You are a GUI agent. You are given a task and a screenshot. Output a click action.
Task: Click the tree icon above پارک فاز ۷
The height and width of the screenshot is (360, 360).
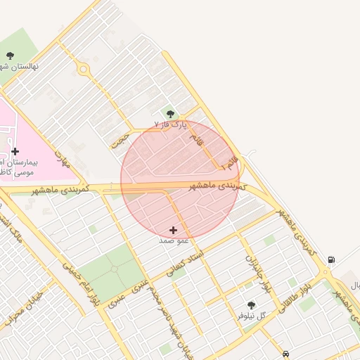(169, 113)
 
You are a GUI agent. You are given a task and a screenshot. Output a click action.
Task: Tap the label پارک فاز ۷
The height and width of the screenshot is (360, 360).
(172, 124)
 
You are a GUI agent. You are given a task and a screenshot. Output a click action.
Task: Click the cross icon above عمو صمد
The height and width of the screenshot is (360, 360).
(174, 230)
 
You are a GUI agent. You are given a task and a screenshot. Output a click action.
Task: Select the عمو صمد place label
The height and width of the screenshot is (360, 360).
(174, 240)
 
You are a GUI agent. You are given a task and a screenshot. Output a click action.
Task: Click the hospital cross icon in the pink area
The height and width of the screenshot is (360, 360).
(15, 151)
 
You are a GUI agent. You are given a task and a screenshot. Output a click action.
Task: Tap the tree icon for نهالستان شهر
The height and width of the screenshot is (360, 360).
(10, 56)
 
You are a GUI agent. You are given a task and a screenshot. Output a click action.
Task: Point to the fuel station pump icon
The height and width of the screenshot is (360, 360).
(330, 259)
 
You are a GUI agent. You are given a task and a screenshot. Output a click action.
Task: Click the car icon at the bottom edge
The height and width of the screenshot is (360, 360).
(285, 354)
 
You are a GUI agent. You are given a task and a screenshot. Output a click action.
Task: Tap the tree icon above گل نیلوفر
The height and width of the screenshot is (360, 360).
(251, 305)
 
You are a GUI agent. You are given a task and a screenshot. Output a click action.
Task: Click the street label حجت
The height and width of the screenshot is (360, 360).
(120, 138)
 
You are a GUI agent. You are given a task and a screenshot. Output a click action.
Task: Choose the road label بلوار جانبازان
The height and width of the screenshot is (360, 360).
(257, 273)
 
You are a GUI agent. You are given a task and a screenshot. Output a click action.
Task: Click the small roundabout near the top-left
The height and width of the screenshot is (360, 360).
(84, 69)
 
